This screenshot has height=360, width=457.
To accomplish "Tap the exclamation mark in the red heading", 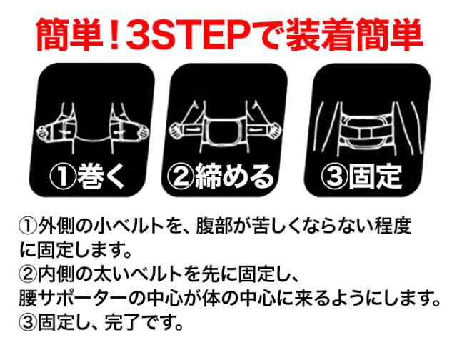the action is tap(115, 36).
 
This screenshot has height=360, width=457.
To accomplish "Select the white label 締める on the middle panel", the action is tap(235, 175).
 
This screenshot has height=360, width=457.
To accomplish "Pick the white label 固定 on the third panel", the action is tap(376, 175).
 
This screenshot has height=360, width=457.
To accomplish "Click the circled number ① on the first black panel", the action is tap(64, 176).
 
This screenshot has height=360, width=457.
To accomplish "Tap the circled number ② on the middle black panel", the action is tap(181, 176).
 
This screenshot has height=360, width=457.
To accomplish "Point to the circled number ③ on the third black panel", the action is tap(335, 176).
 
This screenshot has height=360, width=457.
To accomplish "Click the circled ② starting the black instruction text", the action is tap(29, 274).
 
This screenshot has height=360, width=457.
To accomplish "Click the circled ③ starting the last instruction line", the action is tap(29, 322).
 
